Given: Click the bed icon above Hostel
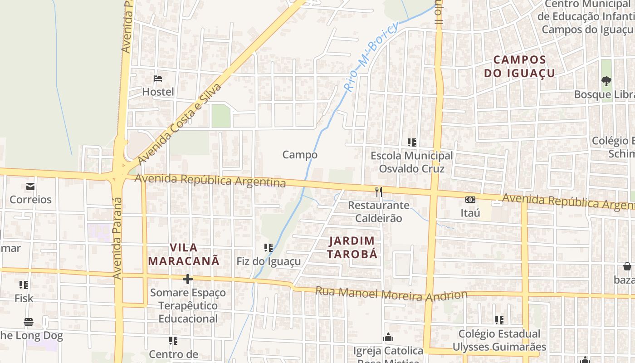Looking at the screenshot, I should (x=158, y=78).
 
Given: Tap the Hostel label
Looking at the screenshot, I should (x=158, y=92).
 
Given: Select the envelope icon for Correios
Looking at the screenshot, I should (x=30, y=186).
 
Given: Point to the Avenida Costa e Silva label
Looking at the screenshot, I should (x=179, y=123).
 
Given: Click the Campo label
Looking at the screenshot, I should (x=300, y=155).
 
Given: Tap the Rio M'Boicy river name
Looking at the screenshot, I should (x=371, y=57).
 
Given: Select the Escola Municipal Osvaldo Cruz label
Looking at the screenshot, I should (x=411, y=162).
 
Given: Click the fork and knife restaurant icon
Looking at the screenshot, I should (x=379, y=192).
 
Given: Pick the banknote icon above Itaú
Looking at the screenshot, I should (x=470, y=200).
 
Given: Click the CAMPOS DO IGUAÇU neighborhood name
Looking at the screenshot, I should (x=519, y=66).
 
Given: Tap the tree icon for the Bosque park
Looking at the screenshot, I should (x=606, y=81).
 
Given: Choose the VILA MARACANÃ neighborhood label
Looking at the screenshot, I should (x=184, y=254).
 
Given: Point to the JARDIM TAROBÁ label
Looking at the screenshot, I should (x=352, y=247).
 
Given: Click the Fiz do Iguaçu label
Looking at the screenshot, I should (x=269, y=261).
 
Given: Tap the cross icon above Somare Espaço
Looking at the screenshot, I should (x=188, y=279).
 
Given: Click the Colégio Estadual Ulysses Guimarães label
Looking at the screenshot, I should (x=499, y=340).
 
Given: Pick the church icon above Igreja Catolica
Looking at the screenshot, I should (x=388, y=337).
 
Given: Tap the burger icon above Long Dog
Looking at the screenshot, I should (x=29, y=323).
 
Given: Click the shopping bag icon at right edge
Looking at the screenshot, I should (x=627, y=266).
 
